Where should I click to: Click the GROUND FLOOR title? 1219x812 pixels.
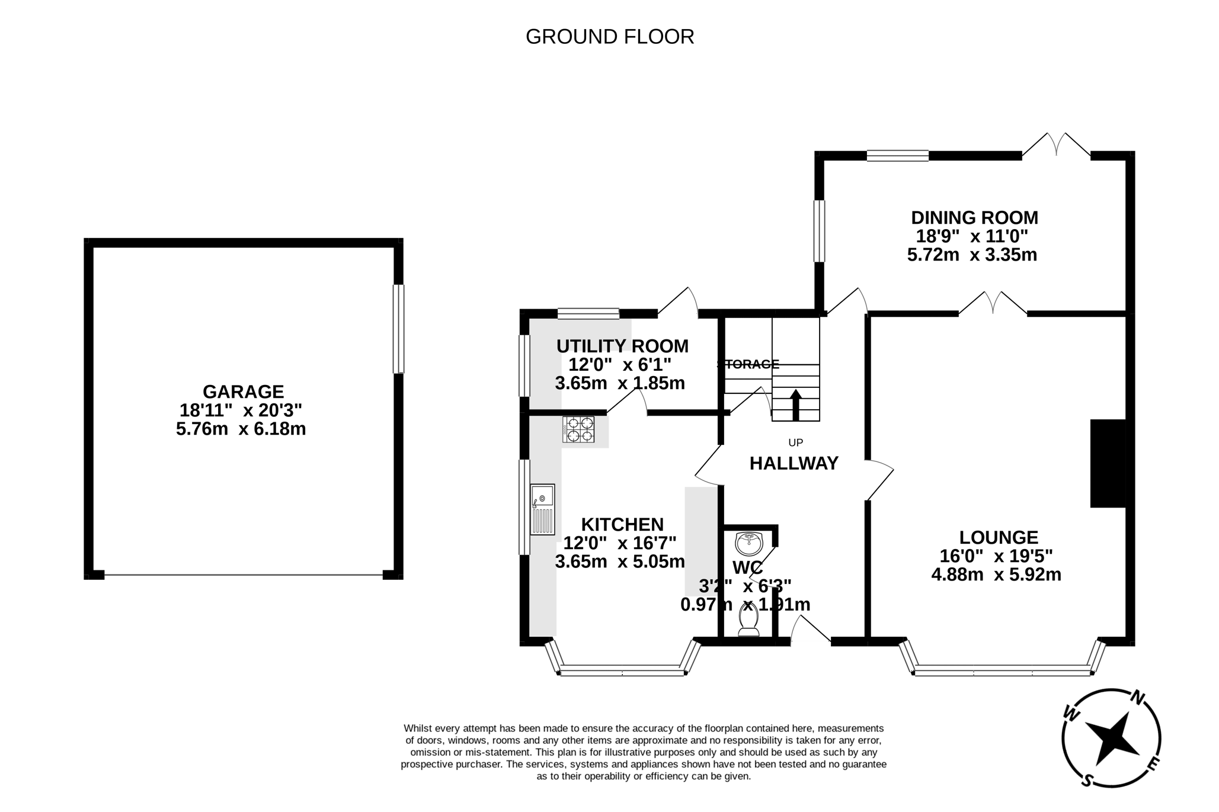609,37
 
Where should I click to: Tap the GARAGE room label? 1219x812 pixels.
243,391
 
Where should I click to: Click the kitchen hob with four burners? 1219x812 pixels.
578,429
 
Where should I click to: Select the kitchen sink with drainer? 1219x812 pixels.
542,509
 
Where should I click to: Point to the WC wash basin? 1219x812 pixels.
748,542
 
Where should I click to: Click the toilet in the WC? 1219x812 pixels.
748,622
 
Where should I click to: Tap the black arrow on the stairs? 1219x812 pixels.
795,405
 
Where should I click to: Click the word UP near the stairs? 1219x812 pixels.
795,442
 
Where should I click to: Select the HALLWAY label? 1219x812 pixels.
794,463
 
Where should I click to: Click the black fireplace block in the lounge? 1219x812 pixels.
1107,463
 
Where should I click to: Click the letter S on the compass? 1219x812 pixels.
1087,781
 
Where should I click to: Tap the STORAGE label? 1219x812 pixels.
748,364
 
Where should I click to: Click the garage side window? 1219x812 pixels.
399,329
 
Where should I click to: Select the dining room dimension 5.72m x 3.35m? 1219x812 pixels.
972,255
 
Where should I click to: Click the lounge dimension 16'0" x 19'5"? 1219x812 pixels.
996,556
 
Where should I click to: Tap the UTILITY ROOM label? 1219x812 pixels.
622,346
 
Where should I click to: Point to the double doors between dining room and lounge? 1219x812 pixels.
993,303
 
